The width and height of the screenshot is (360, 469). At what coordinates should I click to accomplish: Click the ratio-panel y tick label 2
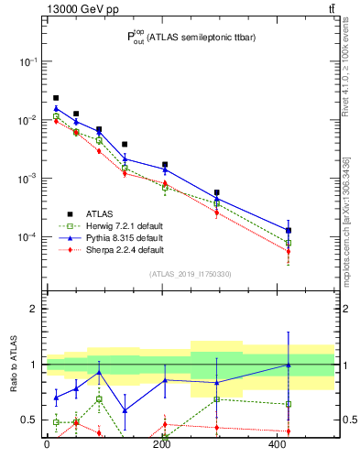click(35, 309)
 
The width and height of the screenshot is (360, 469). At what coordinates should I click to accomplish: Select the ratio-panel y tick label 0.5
click(31, 420)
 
